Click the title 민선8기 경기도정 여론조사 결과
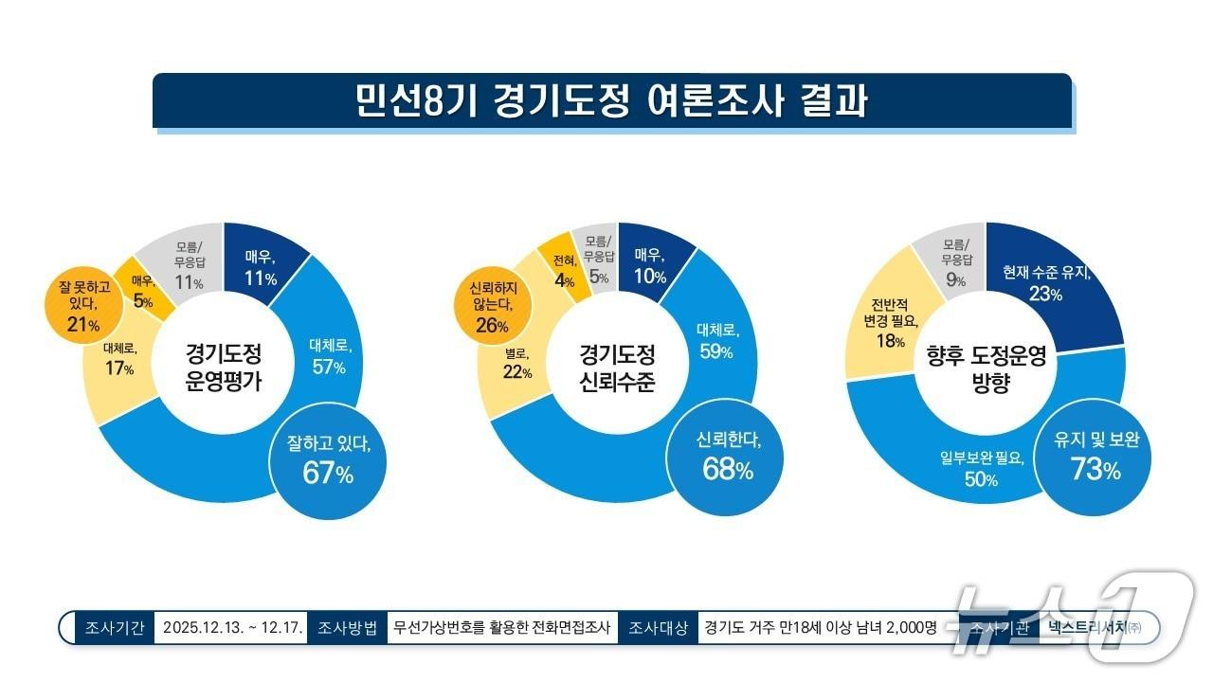pos(611,100)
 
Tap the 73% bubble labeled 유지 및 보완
pos(1095,456)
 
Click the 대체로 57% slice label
pos(329,356)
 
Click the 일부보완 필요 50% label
pos(981,469)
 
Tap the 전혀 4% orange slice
pos(565,269)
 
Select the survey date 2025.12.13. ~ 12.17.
pos(231,627)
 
